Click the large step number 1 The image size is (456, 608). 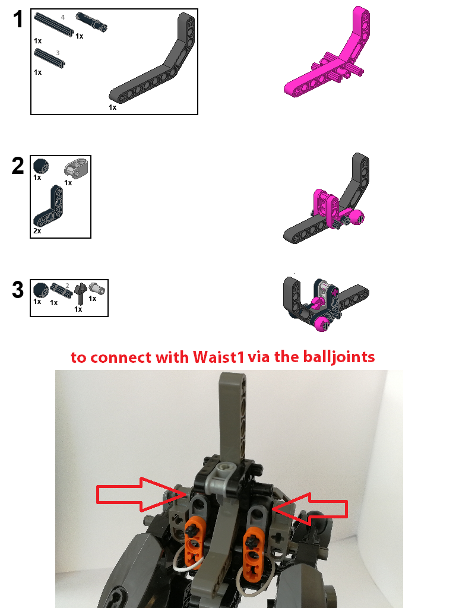[x=18, y=20]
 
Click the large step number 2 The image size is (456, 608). [x=18, y=166]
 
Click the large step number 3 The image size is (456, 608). [x=18, y=290]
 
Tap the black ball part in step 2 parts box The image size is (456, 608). [x=40, y=166]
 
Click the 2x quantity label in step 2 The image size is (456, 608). [x=37, y=231]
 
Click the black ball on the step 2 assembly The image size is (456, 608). [x=356, y=217]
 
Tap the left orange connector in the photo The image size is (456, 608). [x=192, y=540]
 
